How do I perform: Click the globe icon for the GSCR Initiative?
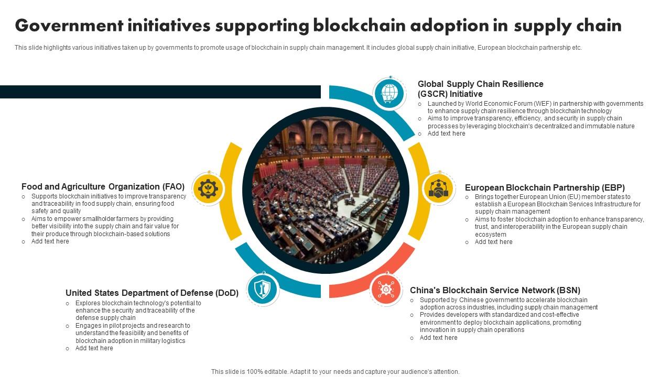pos(389,94)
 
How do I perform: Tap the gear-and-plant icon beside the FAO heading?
pos(209,188)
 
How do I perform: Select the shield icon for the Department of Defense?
pos(263,289)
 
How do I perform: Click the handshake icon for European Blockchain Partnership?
pos(439,188)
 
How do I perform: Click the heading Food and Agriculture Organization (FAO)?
pos(103,186)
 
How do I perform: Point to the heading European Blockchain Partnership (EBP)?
pos(545,187)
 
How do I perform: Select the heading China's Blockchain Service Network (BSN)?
pos(495,290)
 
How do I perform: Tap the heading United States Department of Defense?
pos(152,293)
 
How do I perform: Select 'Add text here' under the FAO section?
pos(50,241)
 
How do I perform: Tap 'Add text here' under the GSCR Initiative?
pos(447,134)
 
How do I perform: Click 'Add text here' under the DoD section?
pos(94,348)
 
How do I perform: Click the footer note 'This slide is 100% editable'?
pos(335,372)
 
